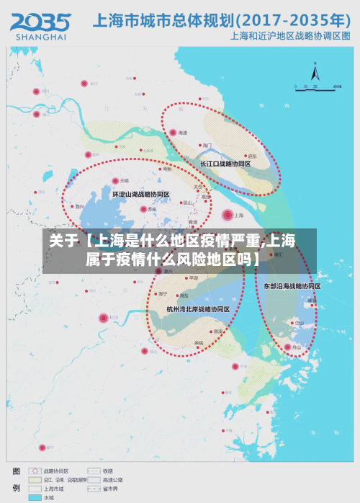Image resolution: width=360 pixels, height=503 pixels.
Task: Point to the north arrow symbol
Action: [315, 71]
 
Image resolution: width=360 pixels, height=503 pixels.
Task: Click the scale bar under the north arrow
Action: [317, 87]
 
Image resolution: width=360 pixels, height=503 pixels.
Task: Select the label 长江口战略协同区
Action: [225, 164]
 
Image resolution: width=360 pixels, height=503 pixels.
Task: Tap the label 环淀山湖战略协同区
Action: [140, 195]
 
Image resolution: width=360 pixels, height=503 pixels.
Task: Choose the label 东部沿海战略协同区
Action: [291, 286]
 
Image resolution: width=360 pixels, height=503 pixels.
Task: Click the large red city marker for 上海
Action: [228, 214]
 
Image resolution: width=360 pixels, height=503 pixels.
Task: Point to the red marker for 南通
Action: [173, 133]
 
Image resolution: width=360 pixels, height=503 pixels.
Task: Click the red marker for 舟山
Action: [288, 347]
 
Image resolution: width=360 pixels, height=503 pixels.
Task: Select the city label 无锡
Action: [125, 180]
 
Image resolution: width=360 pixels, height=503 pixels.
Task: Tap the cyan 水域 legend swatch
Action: [35, 497]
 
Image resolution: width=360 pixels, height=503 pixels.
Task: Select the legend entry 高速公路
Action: [113, 479]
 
